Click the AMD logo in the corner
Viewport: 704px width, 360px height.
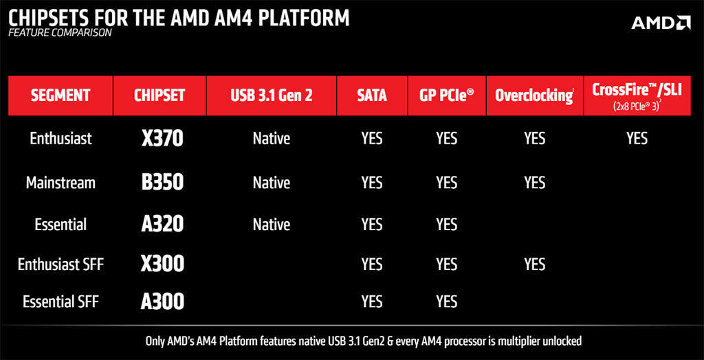[x=661, y=23]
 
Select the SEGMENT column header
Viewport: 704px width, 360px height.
[x=60, y=95]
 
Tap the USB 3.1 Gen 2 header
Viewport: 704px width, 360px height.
[x=271, y=95]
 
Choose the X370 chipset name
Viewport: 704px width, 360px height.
[x=162, y=139]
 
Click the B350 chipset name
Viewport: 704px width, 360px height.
[x=162, y=183]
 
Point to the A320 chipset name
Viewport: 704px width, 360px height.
[x=162, y=223]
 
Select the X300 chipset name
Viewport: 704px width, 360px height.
[x=162, y=264]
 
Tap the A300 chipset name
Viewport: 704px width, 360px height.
[x=162, y=302]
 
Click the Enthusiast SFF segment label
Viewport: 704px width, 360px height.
[x=60, y=264]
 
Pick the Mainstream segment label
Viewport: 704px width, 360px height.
[x=60, y=183]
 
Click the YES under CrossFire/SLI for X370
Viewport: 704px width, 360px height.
[x=637, y=139]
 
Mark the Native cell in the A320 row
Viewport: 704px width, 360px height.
[x=271, y=224]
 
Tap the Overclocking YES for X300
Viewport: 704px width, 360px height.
[x=535, y=265]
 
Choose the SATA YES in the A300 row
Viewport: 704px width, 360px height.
[x=372, y=302]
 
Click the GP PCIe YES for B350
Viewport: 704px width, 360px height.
[x=446, y=183]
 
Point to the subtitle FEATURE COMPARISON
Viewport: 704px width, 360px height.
[x=60, y=33]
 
